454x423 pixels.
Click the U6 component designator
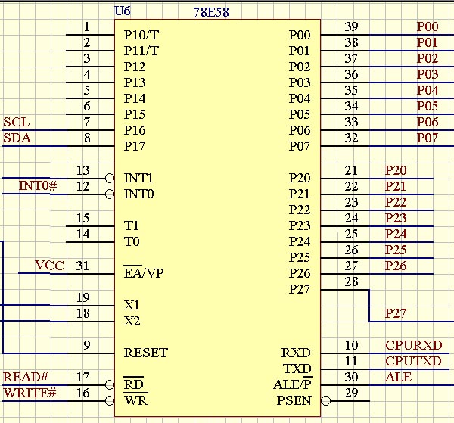coord(123,11)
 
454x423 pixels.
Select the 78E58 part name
coord(211,12)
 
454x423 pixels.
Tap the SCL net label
coord(16,122)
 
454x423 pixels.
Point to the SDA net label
coord(17,138)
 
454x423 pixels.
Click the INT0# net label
coord(38,185)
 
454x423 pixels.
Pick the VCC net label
coord(49,265)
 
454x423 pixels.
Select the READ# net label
coord(26,377)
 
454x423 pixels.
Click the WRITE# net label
coord(30,393)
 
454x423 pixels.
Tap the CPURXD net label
coord(413,345)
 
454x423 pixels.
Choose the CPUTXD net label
coord(413,361)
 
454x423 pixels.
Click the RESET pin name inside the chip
coord(146,353)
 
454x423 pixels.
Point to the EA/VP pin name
coord(144,272)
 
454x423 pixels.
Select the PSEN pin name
coord(294,400)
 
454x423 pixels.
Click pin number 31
coord(82,266)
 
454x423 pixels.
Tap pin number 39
coord(351,26)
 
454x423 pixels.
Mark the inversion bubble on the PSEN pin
coord(325,401)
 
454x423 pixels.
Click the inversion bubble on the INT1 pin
coord(110,178)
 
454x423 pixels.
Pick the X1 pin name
coord(132,305)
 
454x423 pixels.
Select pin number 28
coord(352,281)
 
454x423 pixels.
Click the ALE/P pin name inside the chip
coord(292,384)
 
